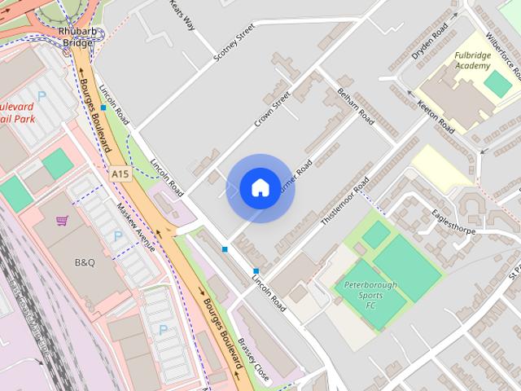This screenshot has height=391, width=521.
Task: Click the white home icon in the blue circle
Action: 260,187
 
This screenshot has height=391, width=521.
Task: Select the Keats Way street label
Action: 182,14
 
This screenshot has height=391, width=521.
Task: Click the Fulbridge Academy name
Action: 473,60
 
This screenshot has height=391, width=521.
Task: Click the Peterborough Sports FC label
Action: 370,296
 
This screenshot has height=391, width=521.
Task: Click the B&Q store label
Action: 85,262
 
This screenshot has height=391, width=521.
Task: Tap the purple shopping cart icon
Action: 62,221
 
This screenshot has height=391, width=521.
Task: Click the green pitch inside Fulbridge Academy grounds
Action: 497,82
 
